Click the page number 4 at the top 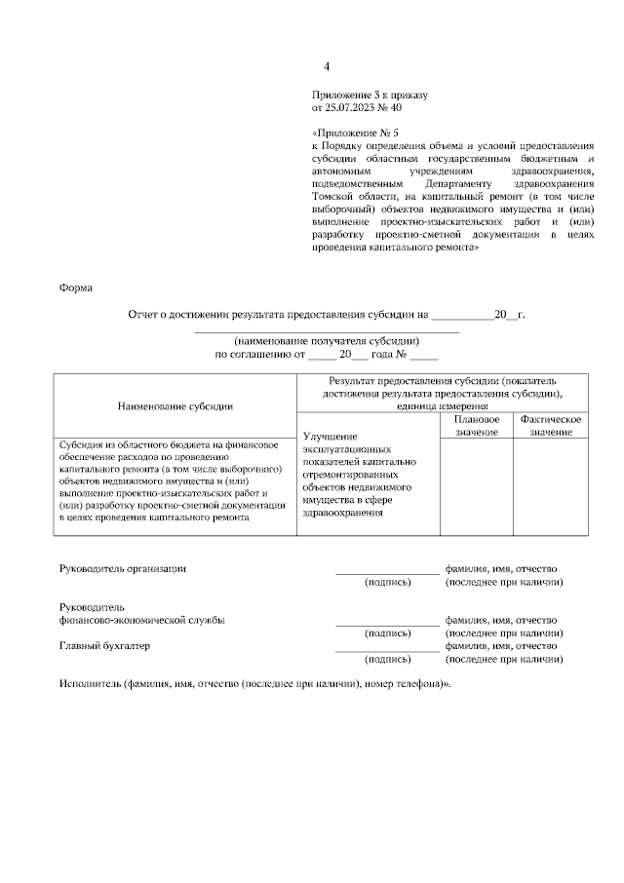click(x=327, y=66)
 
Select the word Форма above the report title click(x=75, y=288)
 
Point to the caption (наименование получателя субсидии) click(x=326, y=341)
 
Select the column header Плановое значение click(x=477, y=425)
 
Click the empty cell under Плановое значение click(x=477, y=487)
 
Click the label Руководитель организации click(x=123, y=568)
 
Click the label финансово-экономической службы click(x=142, y=620)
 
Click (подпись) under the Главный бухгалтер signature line click(x=387, y=660)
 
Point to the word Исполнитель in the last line click(x=90, y=684)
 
